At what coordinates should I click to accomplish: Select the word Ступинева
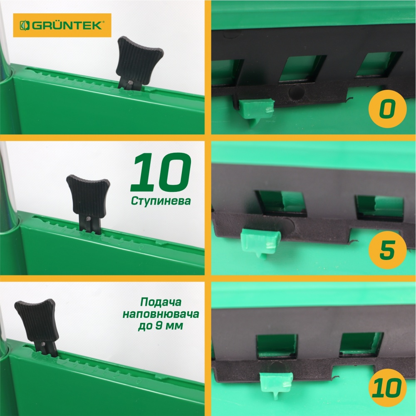(161, 201)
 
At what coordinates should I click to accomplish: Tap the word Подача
(160, 301)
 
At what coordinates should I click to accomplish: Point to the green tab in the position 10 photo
(276, 381)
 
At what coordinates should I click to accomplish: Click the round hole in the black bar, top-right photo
(296, 92)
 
